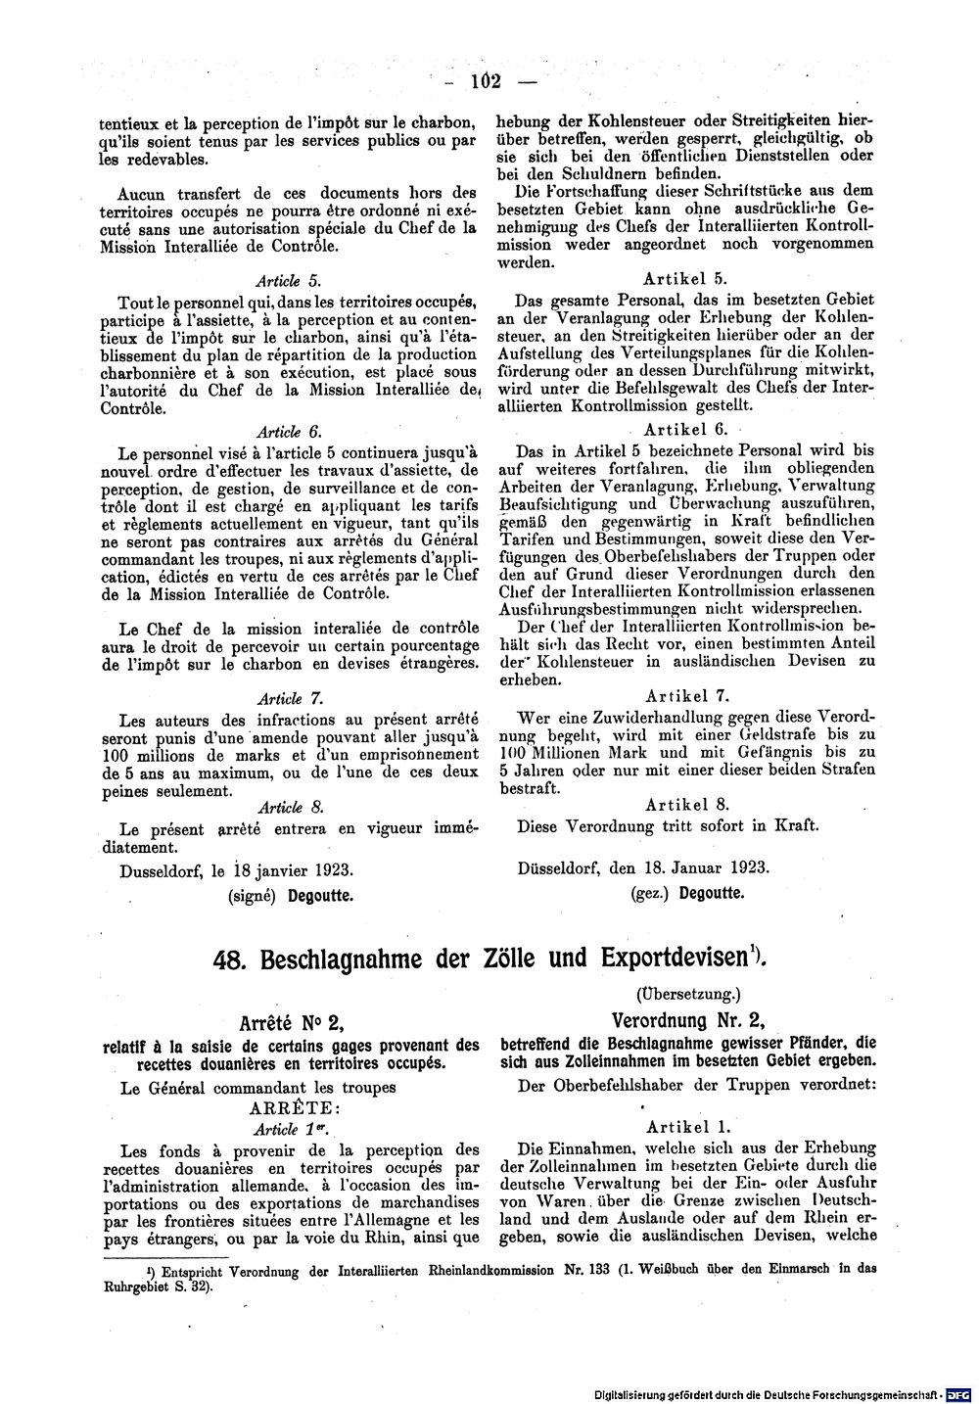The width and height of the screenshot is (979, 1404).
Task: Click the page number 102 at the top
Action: click(485, 81)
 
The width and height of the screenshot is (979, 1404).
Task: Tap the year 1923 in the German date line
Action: click(748, 866)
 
